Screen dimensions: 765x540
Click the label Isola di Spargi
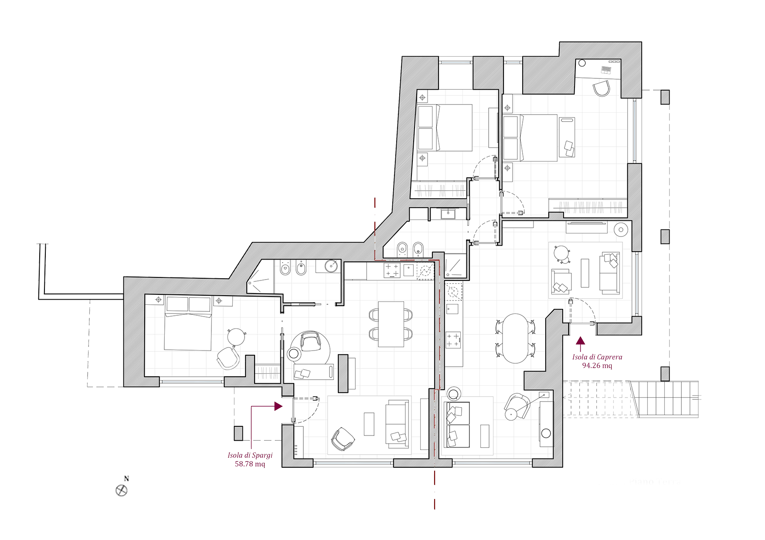pos(250,456)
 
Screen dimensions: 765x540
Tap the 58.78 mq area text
pos(250,464)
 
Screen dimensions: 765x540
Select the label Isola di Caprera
pos(597,358)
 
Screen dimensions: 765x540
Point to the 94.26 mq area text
pos(597,366)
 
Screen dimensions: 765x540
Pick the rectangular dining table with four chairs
pos(391,324)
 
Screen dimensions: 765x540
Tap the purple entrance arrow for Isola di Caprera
pos(580,343)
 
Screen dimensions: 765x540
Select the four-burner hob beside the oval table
pos(453,339)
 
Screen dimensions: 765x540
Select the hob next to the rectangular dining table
pos(391,270)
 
